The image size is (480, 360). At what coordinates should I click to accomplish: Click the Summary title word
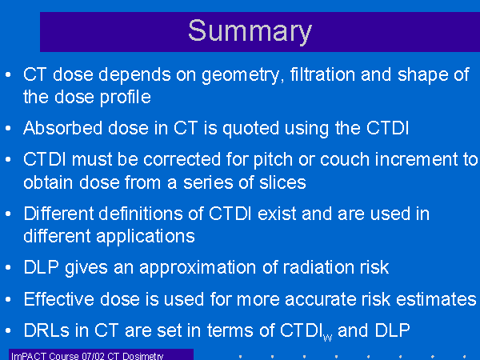250,31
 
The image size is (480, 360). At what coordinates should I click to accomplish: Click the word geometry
240,76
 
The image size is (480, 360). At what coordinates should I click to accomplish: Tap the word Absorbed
62,128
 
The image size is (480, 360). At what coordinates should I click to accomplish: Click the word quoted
250,129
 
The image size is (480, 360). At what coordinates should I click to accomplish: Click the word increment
416,160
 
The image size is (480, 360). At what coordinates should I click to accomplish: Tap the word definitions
141,214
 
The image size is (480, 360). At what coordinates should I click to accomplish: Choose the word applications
146,237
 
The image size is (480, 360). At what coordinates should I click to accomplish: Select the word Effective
58,298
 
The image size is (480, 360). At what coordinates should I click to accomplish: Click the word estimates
436,299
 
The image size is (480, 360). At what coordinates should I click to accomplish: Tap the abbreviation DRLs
46,330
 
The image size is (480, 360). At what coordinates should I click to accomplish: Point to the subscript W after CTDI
327,338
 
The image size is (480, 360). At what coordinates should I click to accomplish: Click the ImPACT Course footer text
87,356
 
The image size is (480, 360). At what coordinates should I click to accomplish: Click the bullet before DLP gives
8,267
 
